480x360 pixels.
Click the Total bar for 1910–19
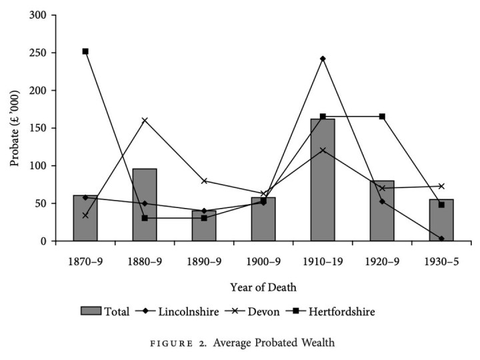click(323, 180)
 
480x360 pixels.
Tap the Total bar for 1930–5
click(441, 220)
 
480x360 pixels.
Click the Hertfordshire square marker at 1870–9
click(85, 51)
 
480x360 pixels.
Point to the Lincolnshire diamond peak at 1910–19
click(323, 59)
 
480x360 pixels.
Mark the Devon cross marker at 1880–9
click(145, 120)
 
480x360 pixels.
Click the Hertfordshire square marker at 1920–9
click(382, 117)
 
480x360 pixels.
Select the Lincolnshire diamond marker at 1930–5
click(441, 238)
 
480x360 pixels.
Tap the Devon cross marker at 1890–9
click(204, 181)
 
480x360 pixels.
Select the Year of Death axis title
click(263, 287)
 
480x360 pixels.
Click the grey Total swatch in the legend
click(91, 311)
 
